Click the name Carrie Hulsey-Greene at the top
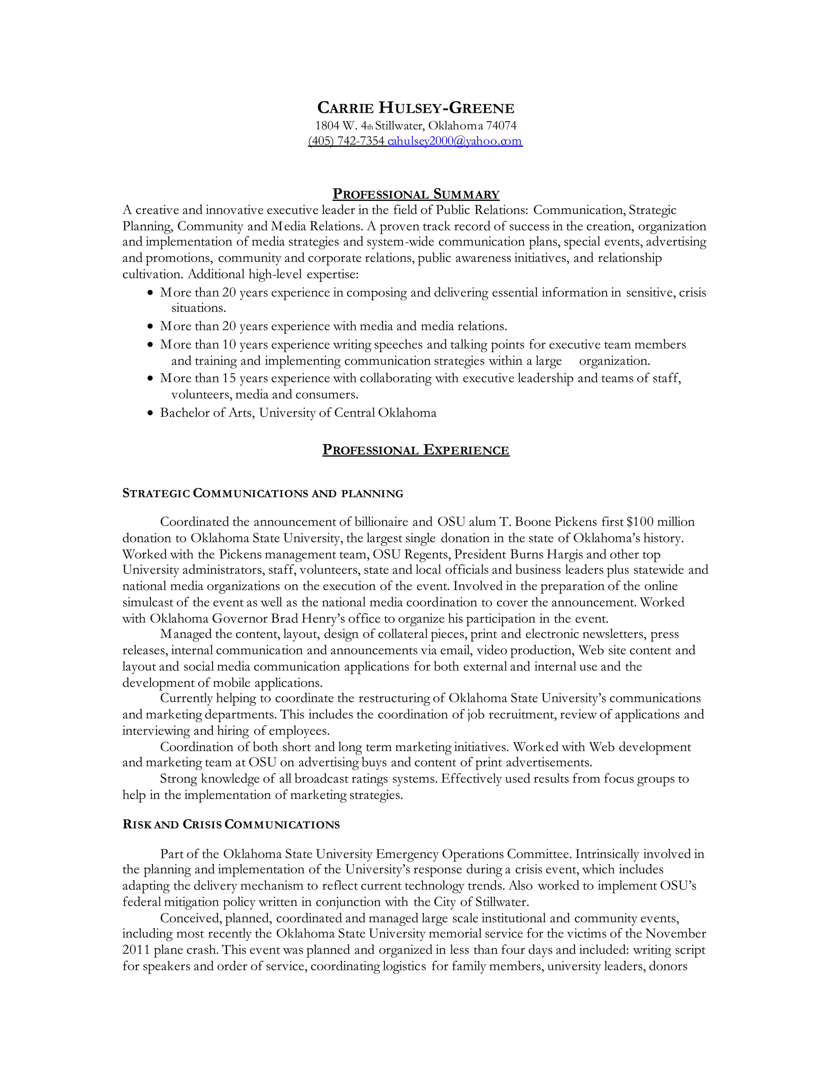pos(415,107)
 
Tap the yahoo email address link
pos(454,141)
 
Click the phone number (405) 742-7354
pos(346,141)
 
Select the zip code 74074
pos(501,125)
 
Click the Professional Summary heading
pos(415,194)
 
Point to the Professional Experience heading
pos(415,450)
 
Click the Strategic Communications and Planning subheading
pos(263,493)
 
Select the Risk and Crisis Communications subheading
pos(231,824)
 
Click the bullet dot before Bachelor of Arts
pos(151,413)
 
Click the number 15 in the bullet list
pos(229,378)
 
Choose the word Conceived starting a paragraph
pos(190,918)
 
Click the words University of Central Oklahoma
pos(348,413)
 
